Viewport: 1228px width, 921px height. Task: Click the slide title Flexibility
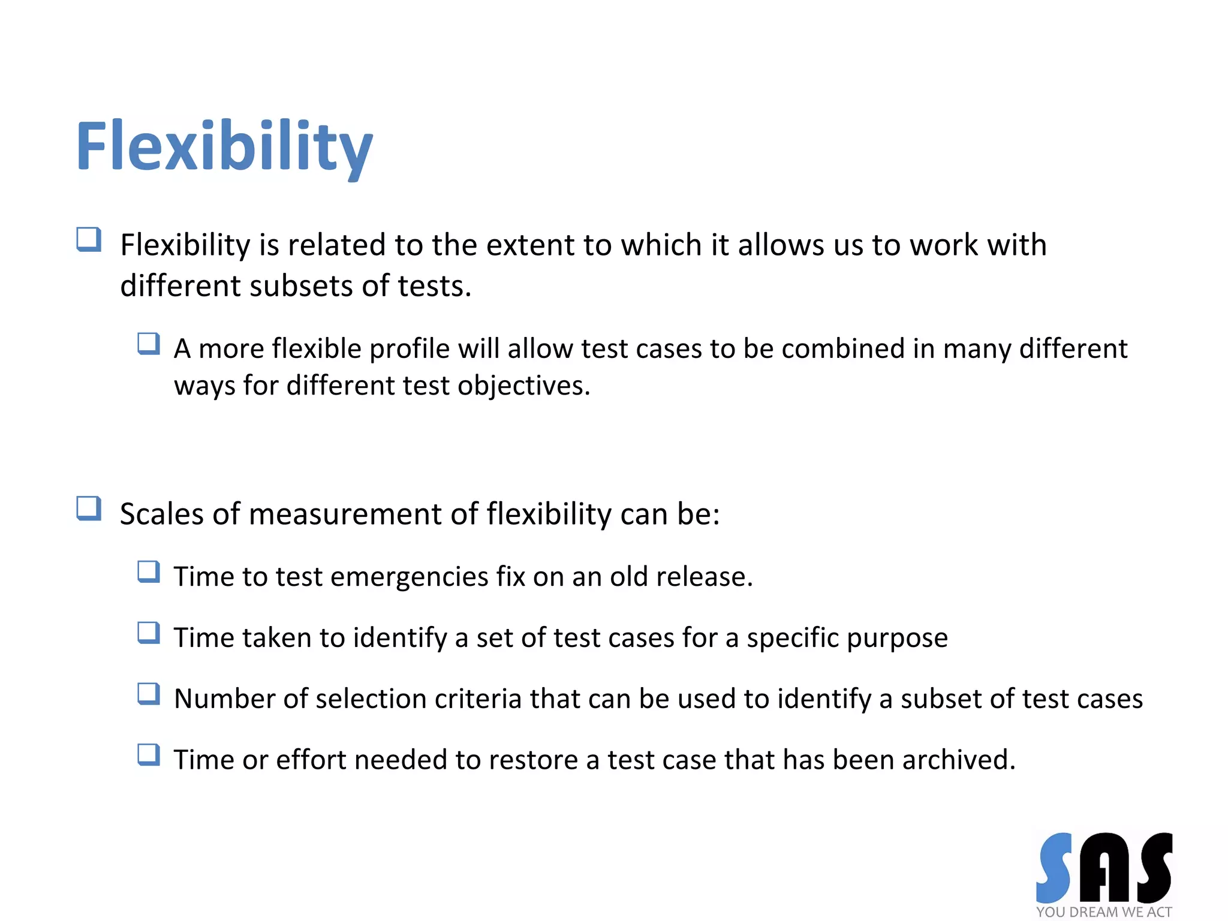[x=224, y=147]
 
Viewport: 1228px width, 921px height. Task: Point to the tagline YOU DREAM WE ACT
[x=1104, y=912]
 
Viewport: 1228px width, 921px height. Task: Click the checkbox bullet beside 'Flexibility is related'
[x=89, y=240]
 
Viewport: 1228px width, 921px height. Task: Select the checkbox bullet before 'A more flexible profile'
[x=149, y=344]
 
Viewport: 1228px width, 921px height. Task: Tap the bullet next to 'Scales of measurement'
[x=89, y=508]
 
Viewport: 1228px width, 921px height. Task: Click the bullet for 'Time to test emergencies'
[x=149, y=572]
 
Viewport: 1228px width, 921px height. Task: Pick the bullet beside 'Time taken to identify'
[x=149, y=633]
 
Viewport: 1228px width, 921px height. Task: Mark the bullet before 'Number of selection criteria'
[x=149, y=694]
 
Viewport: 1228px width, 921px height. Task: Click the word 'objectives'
[x=523, y=386]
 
